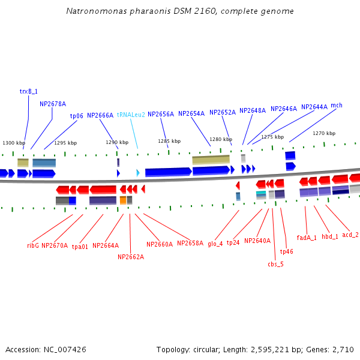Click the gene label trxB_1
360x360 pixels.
click(28, 91)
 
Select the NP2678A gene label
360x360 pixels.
click(53, 104)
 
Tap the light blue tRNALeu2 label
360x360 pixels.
click(131, 115)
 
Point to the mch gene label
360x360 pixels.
click(336, 106)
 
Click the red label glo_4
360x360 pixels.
click(215, 244)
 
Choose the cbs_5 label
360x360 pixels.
click(275, 263)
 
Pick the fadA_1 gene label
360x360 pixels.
click(307, 238)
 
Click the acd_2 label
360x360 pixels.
click(350, 235)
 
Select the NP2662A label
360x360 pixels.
click(131, 257)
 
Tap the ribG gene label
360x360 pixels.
click(32, 245)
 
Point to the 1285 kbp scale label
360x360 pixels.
click(169, 141)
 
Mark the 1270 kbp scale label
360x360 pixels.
click(324, 133)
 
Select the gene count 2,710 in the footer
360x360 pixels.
click(343, 349)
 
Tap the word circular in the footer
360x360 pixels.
click(212, 349)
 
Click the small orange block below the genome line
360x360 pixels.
click(123, 200)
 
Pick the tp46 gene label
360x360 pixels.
click(286, 251)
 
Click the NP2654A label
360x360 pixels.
click(191, 113)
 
